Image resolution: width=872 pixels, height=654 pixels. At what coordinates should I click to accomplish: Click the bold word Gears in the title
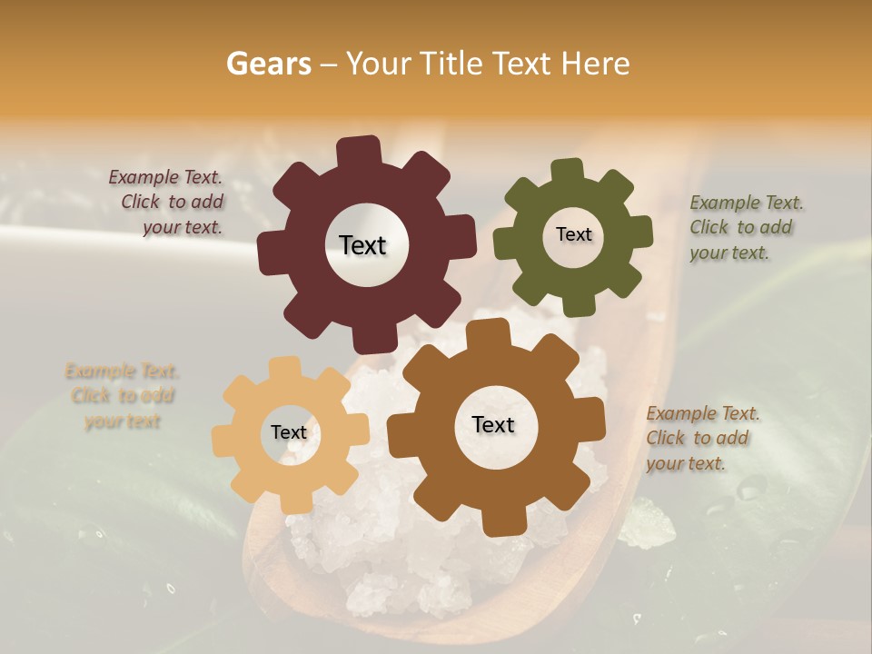(267, 64)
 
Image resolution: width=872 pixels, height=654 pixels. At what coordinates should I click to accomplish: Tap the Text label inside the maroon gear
(362, 245)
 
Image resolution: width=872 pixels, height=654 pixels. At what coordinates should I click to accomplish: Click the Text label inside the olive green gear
(573, 234)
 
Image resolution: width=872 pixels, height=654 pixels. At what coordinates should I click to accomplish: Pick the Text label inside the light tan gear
(289, 432)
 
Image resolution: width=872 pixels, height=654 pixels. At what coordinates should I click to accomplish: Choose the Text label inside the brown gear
(493, 424)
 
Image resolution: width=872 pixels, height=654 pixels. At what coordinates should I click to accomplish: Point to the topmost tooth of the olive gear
(567, 172)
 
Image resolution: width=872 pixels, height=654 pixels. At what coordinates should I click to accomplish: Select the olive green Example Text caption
(745, 228)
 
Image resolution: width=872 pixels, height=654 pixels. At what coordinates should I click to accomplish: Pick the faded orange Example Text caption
(122, 396)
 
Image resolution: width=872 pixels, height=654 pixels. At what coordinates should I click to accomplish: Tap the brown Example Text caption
(702, 438)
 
